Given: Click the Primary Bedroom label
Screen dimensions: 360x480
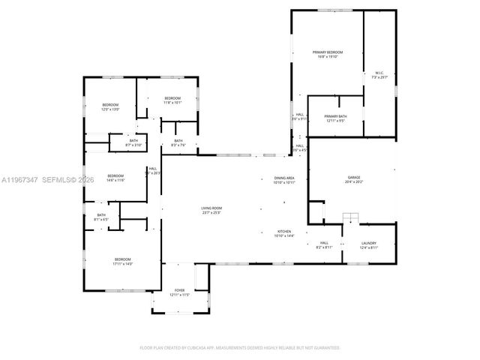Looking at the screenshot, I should (327, 54).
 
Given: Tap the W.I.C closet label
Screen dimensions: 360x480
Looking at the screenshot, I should (379, 75).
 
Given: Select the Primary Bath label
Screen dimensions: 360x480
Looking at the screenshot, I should (335, 118).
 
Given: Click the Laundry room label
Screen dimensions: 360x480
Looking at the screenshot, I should (368, 244).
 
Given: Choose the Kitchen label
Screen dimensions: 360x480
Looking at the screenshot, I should (285, 233).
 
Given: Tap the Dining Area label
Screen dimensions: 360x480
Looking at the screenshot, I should (284, 180).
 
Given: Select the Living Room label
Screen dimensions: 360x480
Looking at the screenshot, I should (211, 210).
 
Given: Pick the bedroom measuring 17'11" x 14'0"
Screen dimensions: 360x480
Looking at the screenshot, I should (122, 261).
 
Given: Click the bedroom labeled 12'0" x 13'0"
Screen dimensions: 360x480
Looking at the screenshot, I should (110, 107).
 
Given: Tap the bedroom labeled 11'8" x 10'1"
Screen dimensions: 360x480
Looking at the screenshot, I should (172, 100).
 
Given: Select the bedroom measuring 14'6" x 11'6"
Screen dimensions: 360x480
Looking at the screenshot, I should (115, 178).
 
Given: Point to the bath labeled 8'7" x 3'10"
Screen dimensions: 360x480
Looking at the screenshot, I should (133, 142).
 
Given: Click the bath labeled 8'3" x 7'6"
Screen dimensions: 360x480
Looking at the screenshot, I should (178, 142).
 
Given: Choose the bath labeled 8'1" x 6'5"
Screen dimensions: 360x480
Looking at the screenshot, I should (101, 217).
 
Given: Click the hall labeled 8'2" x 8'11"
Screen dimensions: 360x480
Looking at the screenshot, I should (325, 244).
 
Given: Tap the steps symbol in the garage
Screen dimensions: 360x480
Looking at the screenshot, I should (350, 218).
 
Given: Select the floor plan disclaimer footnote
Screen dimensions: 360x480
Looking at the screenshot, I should (240, 347).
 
